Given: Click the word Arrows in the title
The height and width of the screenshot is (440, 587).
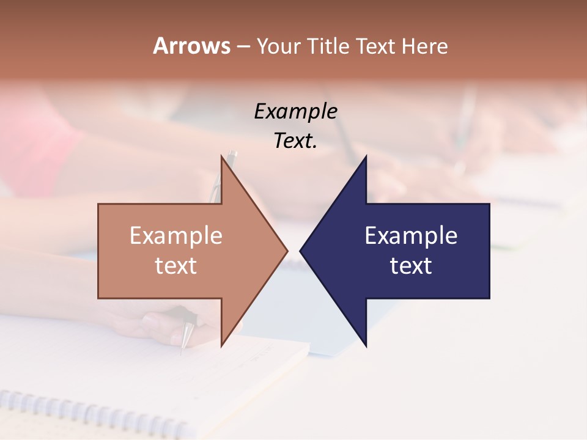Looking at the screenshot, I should coord(191,46).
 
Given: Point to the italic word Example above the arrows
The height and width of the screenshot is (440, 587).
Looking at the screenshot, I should coord(295,112).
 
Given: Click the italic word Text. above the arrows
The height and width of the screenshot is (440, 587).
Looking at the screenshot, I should coord(295,141).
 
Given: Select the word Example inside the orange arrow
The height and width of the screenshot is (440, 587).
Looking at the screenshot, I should coord(176,236).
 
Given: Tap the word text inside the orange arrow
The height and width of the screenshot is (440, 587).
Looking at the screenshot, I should coord(176,266).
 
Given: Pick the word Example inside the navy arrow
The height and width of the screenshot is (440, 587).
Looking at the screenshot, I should coord(411,236).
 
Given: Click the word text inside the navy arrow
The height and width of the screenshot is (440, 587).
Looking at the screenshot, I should coord(411,266).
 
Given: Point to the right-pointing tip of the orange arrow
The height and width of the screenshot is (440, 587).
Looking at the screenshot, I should coord(287,251).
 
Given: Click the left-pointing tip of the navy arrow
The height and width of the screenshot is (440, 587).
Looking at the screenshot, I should coord(301,251).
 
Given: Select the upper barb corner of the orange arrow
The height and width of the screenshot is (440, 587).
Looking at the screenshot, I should coord(221,156).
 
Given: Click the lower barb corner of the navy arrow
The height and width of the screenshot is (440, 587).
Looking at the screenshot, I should coord(366,346).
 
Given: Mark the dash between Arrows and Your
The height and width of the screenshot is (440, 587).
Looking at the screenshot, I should coord(243,47).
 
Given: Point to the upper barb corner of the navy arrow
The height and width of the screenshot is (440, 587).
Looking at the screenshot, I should coord(366,156).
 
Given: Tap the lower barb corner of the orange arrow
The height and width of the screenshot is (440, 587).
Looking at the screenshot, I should coord(221,346).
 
